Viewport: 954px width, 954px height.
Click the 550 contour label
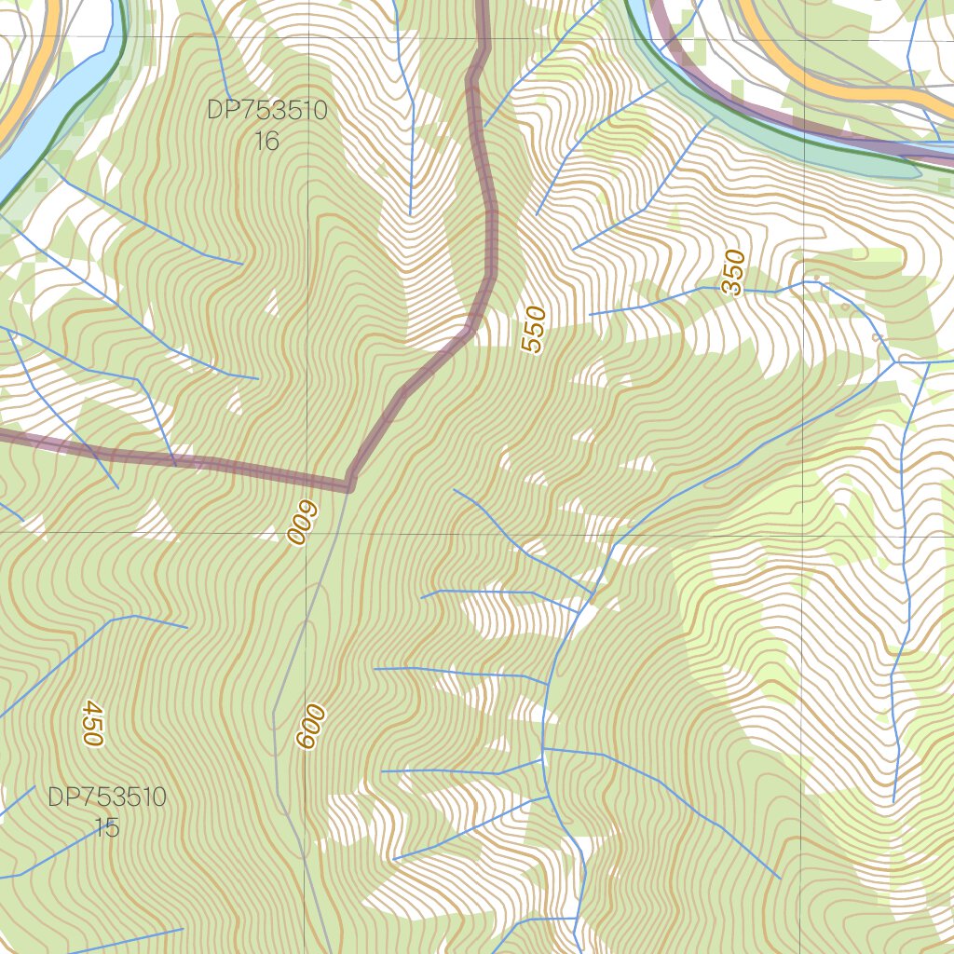pyautogui.click(x=533, y=330)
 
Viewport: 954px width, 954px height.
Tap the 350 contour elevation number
pyautogui.click(x=734, y=272)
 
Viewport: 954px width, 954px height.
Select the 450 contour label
pyautogui.click(x=90, y=722)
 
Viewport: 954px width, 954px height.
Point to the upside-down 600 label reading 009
pyautogui.click(x=303, y=524)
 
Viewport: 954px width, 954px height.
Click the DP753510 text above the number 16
pyautogui.click(x=266, y=111)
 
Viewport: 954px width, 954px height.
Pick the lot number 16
pyautogui.click(x=266, y=142)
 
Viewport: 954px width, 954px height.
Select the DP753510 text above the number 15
pyautogui.click(x=107, y=797)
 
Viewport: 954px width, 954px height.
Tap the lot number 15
pyautogui.click(x=107, y=827)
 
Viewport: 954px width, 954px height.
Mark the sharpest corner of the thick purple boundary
pyautogui.click(x=349, y=484)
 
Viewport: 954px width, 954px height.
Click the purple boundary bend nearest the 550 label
pyautogui.click(x=470, y=328)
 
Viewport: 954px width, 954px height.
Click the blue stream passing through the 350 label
pyautogui.click(x=708, y=289)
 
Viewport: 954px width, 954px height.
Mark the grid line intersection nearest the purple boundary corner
pyautogui.click(x=310, y=534)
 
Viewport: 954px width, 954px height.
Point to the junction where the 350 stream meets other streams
pyautogui.click(x=894, y=361)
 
